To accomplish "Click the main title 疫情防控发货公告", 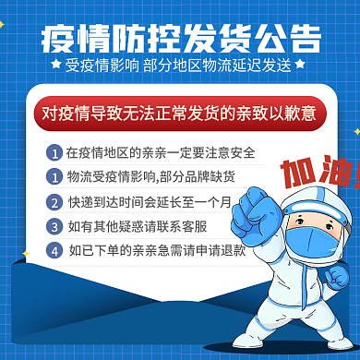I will [181, 39].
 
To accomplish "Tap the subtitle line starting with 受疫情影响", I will [179, 66].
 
